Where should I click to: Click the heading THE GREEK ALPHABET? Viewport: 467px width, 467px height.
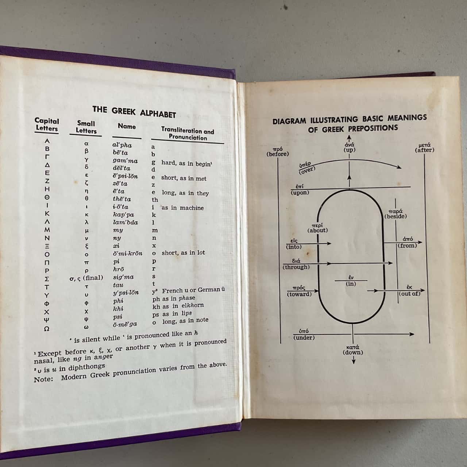pyautogui.click(x=134, y=112)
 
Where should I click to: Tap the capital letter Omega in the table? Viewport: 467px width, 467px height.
pyautogui.click(x=47, y=329)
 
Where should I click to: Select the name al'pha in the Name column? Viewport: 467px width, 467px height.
pyautogui.click(x=122, y=145)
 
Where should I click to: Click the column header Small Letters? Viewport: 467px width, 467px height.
pyautogui.click(x=86, y=127)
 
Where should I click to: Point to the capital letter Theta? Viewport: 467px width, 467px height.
pyautogui.click(x=47, y=197)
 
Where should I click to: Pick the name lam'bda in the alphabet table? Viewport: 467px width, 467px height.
pyautogui.click(x=125, y=222)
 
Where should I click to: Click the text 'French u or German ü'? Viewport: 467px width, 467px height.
pyautogui.click(x=193, y=290)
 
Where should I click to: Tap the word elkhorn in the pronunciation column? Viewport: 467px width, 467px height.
pyautogui.click(x=193, y=305)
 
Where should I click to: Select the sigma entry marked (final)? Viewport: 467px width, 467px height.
pyautogui.click(x=86, y=278)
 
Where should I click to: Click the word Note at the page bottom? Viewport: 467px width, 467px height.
pyautogui.click(x=43, y=379)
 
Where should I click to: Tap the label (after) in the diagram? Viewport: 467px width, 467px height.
pyautogui.click(x=425, y=150)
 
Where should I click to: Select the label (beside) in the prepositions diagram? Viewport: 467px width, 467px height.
pyautogui.click(x=395, y=216)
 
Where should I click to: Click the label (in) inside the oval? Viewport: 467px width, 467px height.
pyautogui.click(x=351, y=284)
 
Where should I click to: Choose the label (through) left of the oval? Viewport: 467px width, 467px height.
pyautogui.click(x=296, y=267)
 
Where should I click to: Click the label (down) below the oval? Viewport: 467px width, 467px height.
pyautogui.click(x=353, y=352)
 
